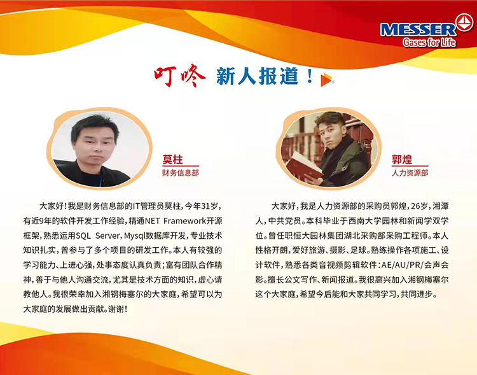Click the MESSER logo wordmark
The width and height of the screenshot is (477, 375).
click(x=418, y=30)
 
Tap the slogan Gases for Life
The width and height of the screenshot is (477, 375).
click(x=429, y=42)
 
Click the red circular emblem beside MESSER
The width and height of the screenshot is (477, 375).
click(x=464, y=22)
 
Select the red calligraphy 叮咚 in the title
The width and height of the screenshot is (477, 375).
click(x=179, y=75)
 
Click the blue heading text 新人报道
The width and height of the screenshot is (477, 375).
click(x=257, y=76)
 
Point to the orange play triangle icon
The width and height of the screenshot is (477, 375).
click(x=327, y=80)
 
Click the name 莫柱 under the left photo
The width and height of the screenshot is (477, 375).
click(x=172, y=159)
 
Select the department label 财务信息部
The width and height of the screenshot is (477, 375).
click(x=180, y=173)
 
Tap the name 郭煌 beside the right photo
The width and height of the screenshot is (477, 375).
click(x=402, y=159)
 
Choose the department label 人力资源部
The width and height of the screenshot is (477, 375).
click(x=410, y=173)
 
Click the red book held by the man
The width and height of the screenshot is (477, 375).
click(x=303, y=167)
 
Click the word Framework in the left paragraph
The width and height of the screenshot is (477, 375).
click(x=184, y=220)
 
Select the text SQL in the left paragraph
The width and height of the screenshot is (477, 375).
click(x=83, y=236)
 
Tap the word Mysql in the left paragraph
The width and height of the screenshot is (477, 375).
click(x=135, y=236)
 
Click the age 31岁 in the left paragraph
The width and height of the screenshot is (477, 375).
click(x=210, y=206)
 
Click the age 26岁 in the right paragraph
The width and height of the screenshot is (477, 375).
click(x=419, y=206)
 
